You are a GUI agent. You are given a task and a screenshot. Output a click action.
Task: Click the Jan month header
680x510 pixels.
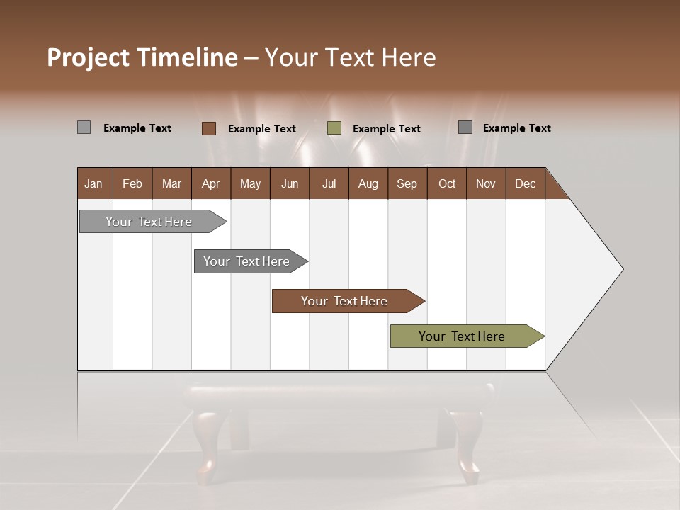[93, 183]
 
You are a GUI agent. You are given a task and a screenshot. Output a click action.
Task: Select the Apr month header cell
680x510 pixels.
[210, 183]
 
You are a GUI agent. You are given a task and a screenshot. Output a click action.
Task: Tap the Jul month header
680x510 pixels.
[329, 183]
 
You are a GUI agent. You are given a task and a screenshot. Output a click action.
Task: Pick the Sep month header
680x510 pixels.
[407, 183]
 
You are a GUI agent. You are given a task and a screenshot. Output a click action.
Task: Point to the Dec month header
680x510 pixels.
[525, 183]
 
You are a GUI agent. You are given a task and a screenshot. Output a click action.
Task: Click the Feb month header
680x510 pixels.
[132, 183]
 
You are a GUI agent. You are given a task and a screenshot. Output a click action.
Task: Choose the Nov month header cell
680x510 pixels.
[485, 183]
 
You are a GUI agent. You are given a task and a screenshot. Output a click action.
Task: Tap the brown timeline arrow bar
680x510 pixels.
[345, 301]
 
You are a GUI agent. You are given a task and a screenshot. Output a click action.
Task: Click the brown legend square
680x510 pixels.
[209, 128]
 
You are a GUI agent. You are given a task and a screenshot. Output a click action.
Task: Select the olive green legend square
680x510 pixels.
[334, 128]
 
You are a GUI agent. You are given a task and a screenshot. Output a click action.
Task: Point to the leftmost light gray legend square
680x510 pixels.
[84, 127]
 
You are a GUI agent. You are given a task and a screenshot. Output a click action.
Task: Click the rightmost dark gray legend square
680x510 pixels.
[465, 127]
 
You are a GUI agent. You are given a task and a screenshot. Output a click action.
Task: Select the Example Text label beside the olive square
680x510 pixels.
[386, 129]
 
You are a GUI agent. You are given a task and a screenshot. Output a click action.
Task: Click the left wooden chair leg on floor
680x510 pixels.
[208, 446]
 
